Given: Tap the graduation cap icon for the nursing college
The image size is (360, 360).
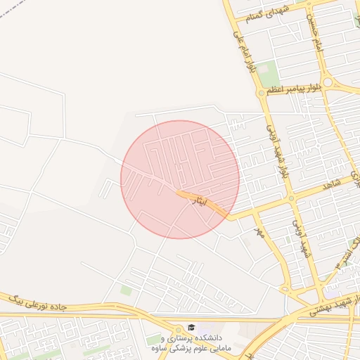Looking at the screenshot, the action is tap(191, 328).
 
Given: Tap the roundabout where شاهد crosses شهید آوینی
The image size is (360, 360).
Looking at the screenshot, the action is tap(291, 198).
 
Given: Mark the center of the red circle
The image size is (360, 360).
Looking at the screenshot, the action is tap(180, 179).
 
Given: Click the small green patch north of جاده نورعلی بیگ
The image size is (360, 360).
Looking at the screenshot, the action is tap(126, 290).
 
